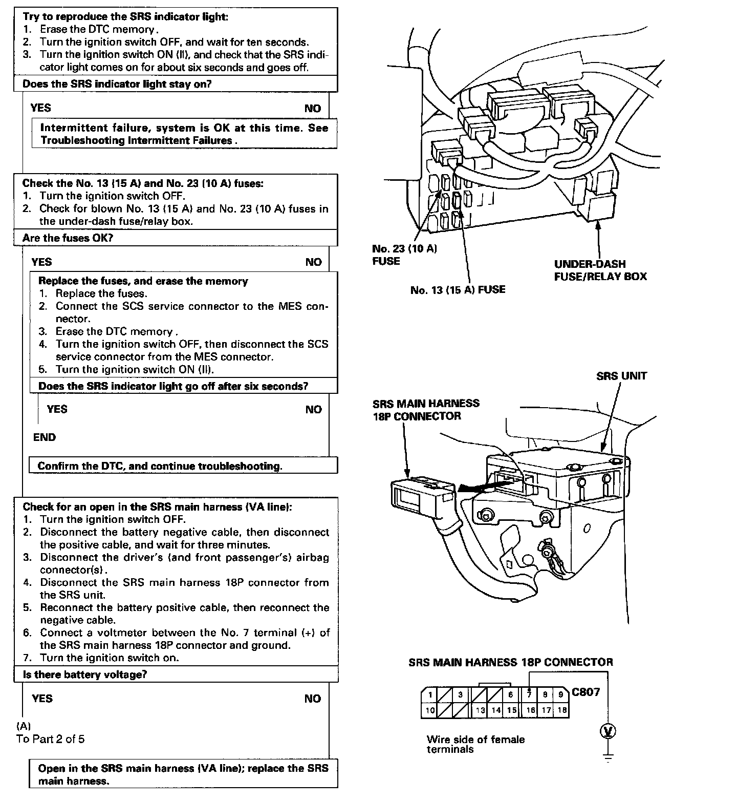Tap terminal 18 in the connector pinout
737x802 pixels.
pyautogui.click(x=562, y=710)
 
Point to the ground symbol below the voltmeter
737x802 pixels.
pyautogui.click(x=608, y=757)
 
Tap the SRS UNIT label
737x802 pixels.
pyautogui.click(x=621, y=376)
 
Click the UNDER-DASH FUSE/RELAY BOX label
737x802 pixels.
pyautogui.click(x=600, y=270)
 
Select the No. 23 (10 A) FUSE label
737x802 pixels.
pyautogui.click(x=404, y=255)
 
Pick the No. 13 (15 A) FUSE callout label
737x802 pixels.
pyautogui.click(x=458, y=290)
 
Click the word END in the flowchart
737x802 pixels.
pyautogui.click(x=45, y=437)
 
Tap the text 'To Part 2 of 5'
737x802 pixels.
pyautogui.click(x=50, y=739)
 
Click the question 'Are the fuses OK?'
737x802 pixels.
pyautogui.click(x=68, y=238)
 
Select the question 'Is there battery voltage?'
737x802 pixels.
pyautogui.click(x=84, y=674)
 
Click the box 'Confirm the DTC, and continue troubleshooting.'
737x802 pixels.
pyautogui.click(x=160, y=466)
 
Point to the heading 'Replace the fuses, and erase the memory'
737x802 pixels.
pyautogui.click(x=143, y=281)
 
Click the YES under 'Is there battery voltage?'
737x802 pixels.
pyautogui.click(x=42, y=699)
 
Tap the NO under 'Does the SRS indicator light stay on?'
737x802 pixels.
pyautogui.click(x=312, y=109)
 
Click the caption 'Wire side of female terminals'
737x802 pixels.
pyautogui.click(x=475, y=744)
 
